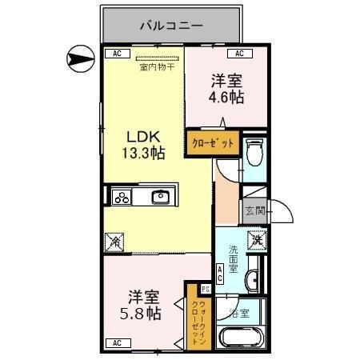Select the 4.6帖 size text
[226, 98]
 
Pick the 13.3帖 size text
[143, 154]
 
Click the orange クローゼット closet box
[213, 144]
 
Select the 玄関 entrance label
[254, 212]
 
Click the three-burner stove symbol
[122, 197]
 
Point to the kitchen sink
[161, 197]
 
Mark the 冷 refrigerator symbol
[114, 239]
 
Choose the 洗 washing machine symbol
[257, 238]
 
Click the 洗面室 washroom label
[232, 258]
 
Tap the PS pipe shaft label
[205, 289]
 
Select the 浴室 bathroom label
[239, 314]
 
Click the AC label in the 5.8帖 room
[117, 343]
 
